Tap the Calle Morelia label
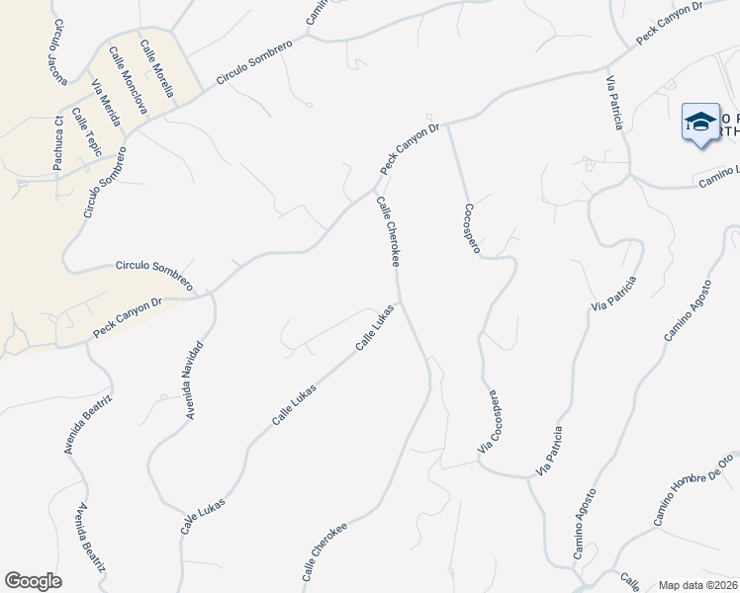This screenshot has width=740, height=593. click(157, 67)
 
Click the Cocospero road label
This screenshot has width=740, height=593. click(471, 228)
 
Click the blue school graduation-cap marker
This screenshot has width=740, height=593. click(700, 122)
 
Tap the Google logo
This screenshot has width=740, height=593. click(33, 581)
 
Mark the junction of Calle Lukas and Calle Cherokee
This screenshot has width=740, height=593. click(399, 300)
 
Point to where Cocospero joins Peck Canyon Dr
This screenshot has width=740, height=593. click(448, 125)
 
